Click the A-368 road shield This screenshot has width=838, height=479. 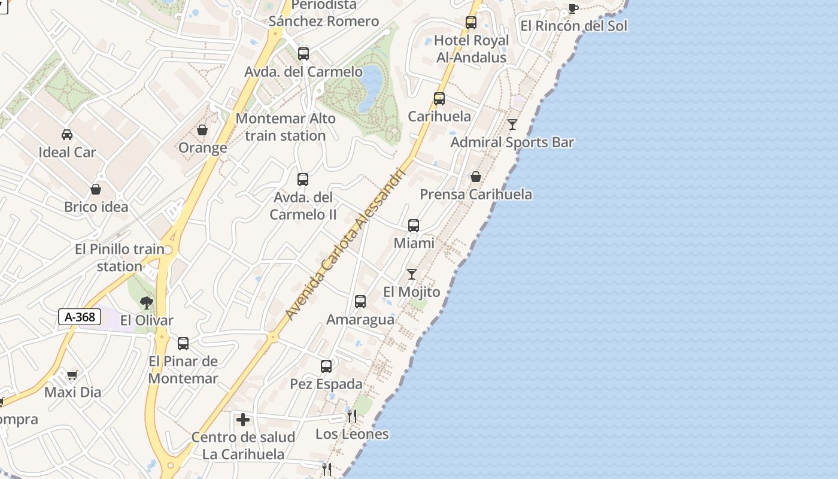[80, 317]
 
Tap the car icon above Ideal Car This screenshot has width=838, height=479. [67, 135]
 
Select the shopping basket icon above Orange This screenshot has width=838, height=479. [202, 130]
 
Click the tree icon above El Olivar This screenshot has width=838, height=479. [146, 302]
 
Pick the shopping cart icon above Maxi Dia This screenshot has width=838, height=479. [72, 375]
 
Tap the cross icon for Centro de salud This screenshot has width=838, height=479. [243, 420]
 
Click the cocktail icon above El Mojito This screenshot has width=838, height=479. [412, 274]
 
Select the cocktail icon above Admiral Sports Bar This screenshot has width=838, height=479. [512, 125]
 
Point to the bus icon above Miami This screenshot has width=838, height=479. [414, 226]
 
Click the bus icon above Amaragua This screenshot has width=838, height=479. [360, 302]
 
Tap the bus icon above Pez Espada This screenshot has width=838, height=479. [326, 366]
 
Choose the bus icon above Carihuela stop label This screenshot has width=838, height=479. [439, 99]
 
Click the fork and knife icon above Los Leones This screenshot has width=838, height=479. [352, 416]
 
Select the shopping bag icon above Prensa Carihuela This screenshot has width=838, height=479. [476, 177]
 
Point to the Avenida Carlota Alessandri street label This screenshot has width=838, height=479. [345, 244]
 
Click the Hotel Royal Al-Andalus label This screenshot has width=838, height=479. [471, 49]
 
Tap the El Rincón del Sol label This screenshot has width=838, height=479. [573, 26]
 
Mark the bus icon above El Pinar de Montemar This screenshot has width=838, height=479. [183, 344]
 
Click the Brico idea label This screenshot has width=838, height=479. [96, 207]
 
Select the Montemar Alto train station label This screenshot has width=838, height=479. [286, 127]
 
